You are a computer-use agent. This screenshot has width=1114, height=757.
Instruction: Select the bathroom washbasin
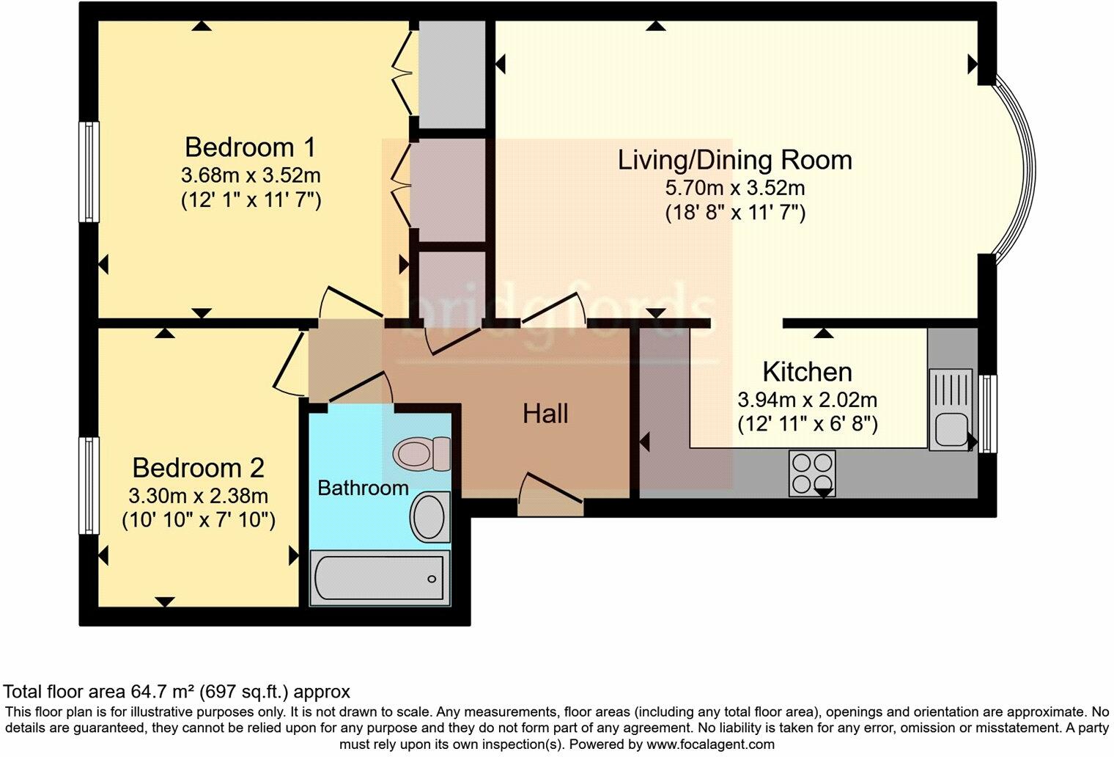click(x=430, y=517)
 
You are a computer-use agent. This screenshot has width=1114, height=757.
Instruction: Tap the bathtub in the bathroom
click(x=378, y=579)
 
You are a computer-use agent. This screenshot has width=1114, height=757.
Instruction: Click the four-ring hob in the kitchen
click(x=812, y=472)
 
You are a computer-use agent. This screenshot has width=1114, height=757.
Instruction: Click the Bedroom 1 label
click(x=250, y=147)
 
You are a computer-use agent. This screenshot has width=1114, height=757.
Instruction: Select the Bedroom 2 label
click(x=198, y=467)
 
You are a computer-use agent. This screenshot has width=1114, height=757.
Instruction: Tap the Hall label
click(x=545, y=414)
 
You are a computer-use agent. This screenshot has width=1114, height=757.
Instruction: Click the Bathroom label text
click(x=363, y=488)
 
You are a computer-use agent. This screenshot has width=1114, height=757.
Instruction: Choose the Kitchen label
click(x=807, y=372)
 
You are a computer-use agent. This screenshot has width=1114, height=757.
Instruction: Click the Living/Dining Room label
click(x=734, y=160)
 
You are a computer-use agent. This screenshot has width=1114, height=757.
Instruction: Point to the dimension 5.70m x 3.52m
click(x=734, y=188)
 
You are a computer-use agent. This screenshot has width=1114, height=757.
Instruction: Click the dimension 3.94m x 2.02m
click(x=807, y=400)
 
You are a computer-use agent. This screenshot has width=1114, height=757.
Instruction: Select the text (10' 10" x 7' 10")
click(x=198, y=520)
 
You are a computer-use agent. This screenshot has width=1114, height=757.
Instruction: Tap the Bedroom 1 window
click(x=89, y=171)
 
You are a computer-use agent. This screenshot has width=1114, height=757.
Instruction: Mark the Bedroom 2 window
click(x=89, y=486)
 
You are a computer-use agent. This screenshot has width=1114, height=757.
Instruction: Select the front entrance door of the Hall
click(x=550, y=493)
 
